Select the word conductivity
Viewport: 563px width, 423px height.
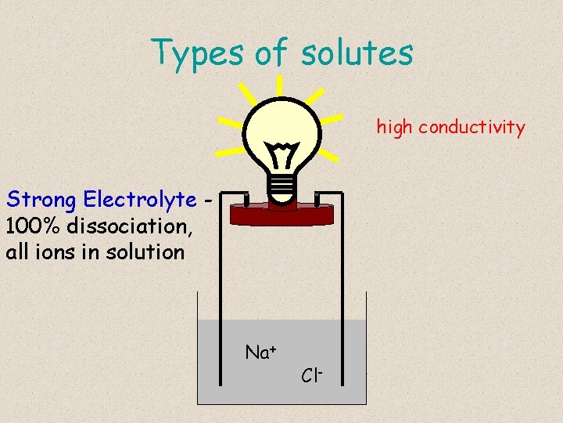(472, 127)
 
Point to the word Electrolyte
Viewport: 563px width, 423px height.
(140, 200)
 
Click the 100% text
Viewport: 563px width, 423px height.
(30, 226)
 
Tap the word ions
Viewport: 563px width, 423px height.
(68, 252)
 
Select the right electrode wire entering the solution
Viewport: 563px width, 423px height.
(344, 313)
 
